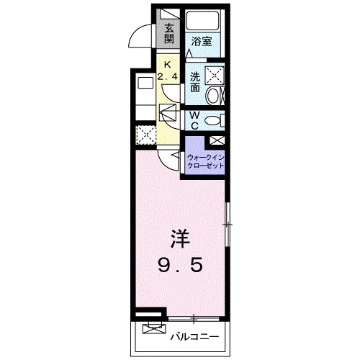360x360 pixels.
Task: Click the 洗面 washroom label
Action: (x=196, y=81)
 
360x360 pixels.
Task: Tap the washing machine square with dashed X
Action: (x=214, y=74)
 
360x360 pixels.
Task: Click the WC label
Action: (x=194, y=120)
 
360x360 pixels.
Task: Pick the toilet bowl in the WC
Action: (x=214, y=120)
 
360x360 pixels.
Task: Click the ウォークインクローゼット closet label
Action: (x=206, y=160)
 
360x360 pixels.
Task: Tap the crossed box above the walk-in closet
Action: (x=217, y=141)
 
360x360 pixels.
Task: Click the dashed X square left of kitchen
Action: (x=144, y=135)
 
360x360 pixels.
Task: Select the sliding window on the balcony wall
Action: (x=194, y=317)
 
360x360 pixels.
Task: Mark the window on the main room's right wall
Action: (x=228, y=225)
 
